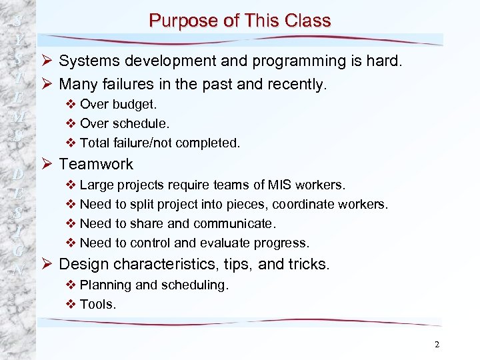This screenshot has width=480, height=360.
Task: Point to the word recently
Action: click(x=295, y=84)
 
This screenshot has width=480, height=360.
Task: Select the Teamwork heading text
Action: click(x=96, y=164)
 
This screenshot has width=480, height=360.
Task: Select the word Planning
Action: click(x=105, y=285)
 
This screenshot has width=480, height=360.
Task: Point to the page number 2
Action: click(x=437, y=345)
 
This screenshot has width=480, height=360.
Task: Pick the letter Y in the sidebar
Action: click(x=19, y=39)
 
